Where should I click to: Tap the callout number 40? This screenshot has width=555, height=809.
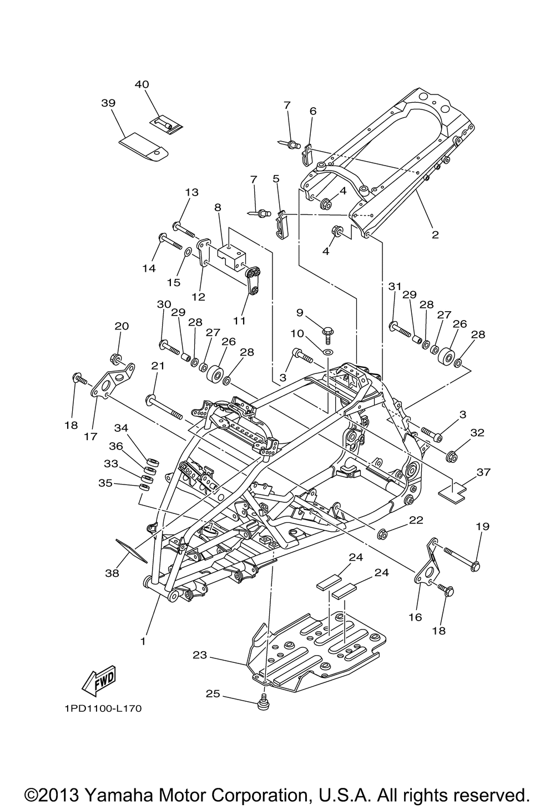click(x=142, y=84)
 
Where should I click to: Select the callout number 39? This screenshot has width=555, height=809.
click(x=108, y=103)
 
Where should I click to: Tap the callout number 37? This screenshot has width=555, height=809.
click(x=483, y=472)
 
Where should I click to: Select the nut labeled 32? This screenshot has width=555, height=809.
click(x=451, y=457)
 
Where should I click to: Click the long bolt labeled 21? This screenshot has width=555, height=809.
click(x=164, y=407)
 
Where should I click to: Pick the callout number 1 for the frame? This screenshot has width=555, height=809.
click(x=143, y=641)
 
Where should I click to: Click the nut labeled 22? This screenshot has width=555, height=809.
click(x=382, y=533)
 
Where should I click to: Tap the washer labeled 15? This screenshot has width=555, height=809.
click(x=188, y=252)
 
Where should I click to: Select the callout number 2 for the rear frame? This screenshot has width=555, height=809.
click(x=435, y=234)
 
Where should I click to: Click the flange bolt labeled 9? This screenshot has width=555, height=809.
click(x=329, y=334)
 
